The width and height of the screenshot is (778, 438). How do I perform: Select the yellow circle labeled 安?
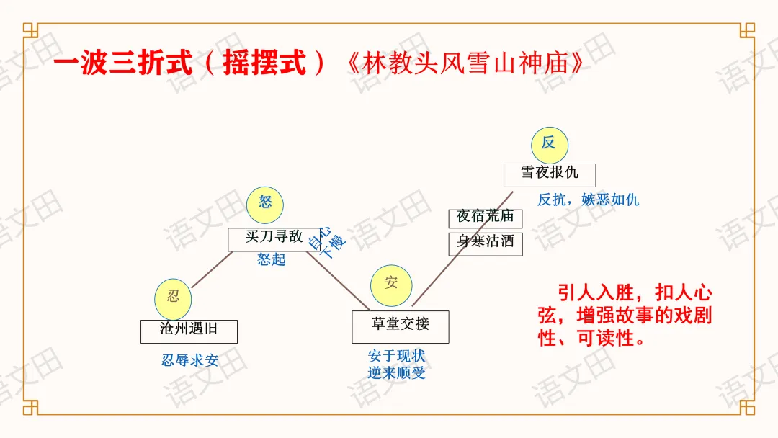pyautogui.click(x=391, y=284)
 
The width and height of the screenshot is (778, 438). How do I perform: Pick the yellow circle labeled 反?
pyautogui.click(x=549, y=144)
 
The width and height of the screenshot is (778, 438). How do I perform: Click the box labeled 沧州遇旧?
pyautogui.click(x=189, y=331)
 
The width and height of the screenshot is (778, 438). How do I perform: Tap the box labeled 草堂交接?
pyautogui.click(x=400, y=326)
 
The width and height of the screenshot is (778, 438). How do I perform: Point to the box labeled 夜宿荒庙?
pyautogui.click(x=486, y=218)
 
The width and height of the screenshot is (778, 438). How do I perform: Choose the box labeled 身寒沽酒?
pyautogui.click(x=486, y=243)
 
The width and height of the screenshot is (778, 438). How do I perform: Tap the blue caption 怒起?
pyautogui.click(x=272, y=259)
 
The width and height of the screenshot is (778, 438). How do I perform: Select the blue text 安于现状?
pyautogui.click(x=396, y=356)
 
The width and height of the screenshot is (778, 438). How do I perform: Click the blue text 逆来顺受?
pyautogui.click(x=396, y=372)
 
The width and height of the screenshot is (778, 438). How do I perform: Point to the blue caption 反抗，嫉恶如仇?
pyautogui.click(x=588, y=200)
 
